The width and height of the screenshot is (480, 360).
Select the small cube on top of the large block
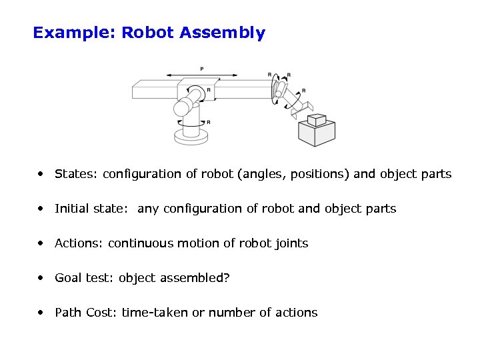click(316, 119)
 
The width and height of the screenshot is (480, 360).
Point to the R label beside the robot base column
click(209, 123)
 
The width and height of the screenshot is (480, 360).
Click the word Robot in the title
click(148, 33)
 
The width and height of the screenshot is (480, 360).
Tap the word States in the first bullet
click(75, 174)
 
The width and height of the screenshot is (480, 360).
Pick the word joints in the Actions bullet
click(291, 244)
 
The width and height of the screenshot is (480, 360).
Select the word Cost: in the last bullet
click(101, 313)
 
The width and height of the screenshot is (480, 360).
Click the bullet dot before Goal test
click(42, 278)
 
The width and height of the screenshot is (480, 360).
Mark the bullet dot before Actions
click(42, 243)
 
